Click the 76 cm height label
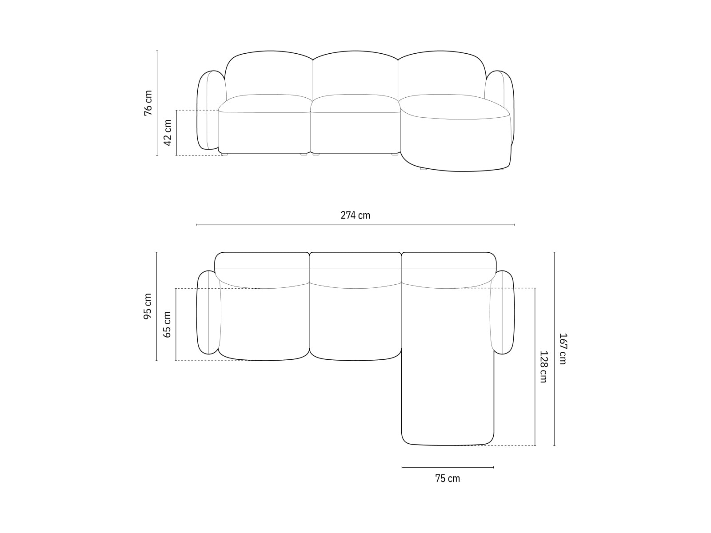(x=148, y=103)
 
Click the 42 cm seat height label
(x=168, y=132)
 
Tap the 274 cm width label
(x=355, y=215)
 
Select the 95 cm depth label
(x=148, y=306)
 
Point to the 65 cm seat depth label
(x=168, y=324)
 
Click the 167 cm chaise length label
(x=563, y=349)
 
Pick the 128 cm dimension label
(x=543, y=366)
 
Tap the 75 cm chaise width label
(x=447, y=478)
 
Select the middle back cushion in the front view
(x=355, y=76)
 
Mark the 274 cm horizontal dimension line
(x=355, y=225)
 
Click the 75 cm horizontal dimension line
(x=447, y=467)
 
